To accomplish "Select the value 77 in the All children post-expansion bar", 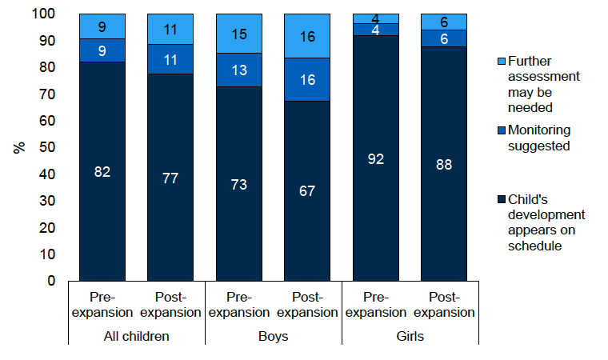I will click(x=170, y=178).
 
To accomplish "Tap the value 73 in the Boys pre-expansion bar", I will click(x=239, y=184).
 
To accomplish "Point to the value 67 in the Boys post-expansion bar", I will click(x=307, y=191).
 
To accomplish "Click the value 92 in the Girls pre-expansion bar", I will click(x=376, y=158).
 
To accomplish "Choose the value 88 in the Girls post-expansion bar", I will click(x=444, y=164).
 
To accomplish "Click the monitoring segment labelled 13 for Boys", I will click(x=239, y=70).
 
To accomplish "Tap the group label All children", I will click(x=136, y=337).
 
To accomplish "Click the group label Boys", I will click(x=274, y=337).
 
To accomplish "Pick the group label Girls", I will click(x=410, y=337).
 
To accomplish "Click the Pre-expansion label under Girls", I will click(x=376, y=304).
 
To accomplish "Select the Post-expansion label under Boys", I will click(x=307, y=304).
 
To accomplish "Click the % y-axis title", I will click(x=18, y=148).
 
